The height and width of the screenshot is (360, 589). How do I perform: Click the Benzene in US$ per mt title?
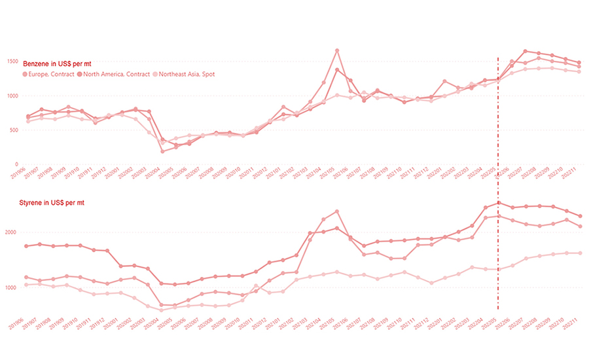[57, 63]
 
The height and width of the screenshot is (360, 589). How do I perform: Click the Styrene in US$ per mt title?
[56, 203]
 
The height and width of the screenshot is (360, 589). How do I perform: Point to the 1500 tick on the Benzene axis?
[14, 61]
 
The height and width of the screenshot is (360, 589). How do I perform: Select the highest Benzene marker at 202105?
[337, 50]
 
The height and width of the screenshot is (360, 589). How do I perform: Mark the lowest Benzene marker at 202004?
[162, 151]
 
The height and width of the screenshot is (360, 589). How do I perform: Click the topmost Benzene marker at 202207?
[525, 51]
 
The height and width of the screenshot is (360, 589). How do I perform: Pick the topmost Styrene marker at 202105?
[337, 211]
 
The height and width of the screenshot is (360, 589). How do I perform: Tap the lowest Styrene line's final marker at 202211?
[580, 253]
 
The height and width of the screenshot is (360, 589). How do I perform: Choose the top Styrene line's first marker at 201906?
[27, 246]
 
